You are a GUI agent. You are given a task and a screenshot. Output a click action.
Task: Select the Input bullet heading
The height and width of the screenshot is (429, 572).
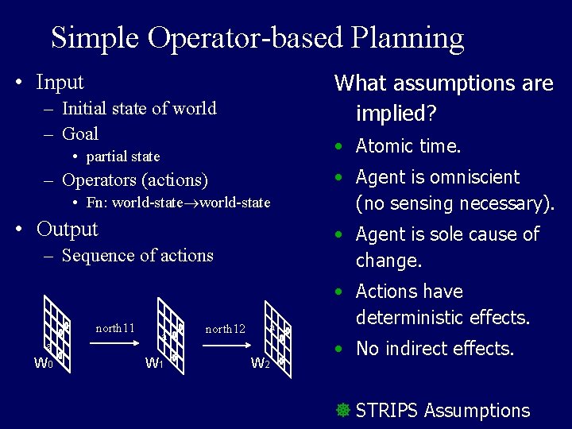click(60, 82)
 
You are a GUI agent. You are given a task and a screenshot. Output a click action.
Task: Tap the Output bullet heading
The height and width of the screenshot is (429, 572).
click(67, 230)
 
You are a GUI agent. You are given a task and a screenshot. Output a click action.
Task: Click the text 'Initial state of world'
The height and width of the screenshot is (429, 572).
click(138, 108)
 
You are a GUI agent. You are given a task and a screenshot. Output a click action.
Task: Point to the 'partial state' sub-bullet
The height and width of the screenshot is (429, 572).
click(123, 157)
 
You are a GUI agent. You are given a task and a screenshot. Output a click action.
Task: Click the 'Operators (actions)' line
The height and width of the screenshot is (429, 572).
click(134, 180)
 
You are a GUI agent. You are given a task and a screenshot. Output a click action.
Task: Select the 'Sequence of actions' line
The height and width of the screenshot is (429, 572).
click(137, 256)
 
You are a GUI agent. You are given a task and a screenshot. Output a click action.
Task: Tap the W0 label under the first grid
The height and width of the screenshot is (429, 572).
click(44, 364)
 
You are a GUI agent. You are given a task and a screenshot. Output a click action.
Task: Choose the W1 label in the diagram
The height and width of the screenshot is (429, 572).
click(154, 364)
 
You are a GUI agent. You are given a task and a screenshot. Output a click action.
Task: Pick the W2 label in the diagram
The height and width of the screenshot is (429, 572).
click(260, 364)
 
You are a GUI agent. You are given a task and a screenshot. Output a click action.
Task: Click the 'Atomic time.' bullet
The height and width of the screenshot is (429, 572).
click(408, 146)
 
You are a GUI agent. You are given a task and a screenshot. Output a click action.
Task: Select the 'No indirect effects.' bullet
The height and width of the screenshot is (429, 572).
click(435, 348)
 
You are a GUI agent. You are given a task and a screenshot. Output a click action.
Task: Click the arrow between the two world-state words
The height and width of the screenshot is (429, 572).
click(196, 203)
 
